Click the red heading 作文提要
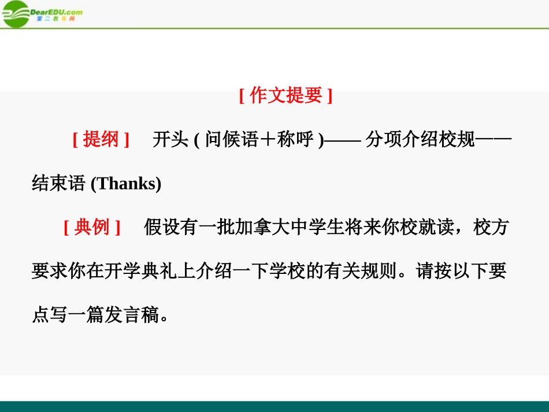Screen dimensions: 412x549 click(285, 95)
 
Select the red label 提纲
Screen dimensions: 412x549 click(101, 139)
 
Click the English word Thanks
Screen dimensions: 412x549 click(126, 184)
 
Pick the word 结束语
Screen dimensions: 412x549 click(58, 184)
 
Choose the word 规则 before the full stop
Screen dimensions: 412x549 click(384, 271)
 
